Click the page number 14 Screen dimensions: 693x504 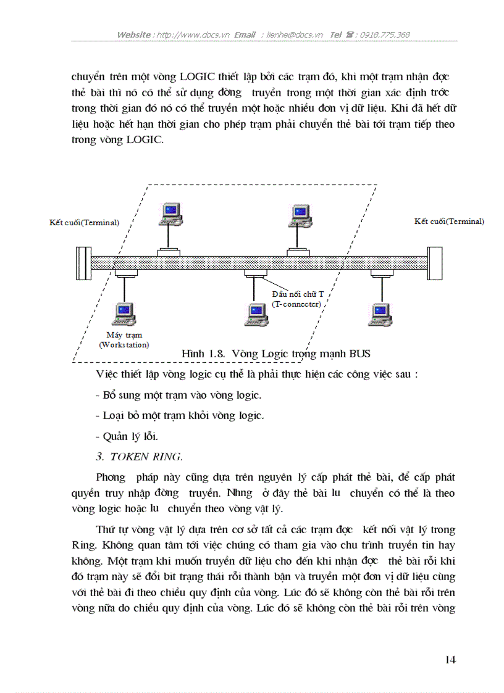tap(450, 660)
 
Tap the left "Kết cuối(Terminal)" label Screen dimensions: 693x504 tap(85, 222)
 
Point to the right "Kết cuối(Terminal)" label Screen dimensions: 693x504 tap(449, 221)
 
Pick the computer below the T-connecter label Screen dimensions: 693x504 tap(256, 314)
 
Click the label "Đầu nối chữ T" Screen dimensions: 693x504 tap(296, 295)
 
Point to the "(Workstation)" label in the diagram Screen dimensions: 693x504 tap(124, 345)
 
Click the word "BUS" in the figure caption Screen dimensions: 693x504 tap(359, 353)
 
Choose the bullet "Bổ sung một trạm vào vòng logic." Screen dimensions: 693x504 tap(178, 394)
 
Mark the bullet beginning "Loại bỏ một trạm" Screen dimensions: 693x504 tap(180, 415)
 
